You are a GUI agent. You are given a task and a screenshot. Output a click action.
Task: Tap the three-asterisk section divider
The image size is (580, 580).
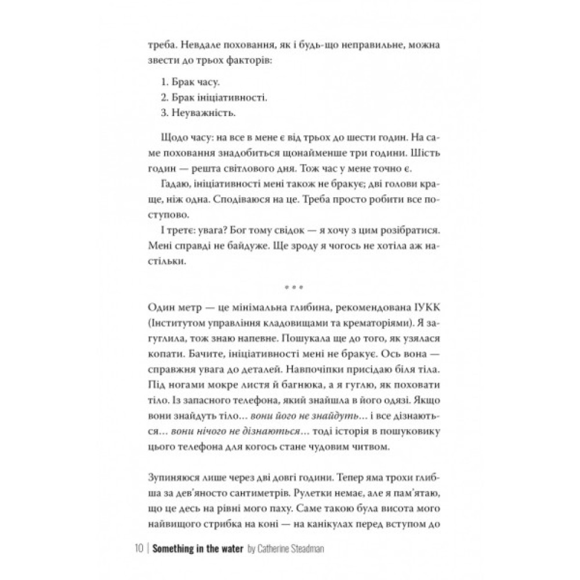click(x=290, y=288)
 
